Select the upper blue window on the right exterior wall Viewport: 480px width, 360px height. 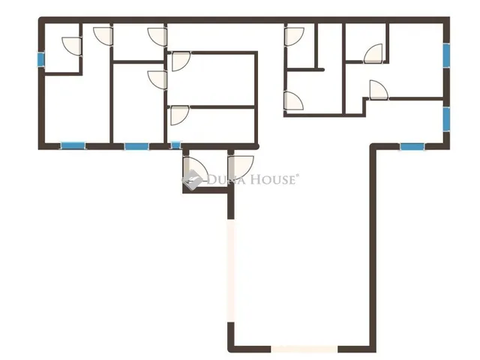[447, 55]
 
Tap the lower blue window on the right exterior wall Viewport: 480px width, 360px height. [447, 119]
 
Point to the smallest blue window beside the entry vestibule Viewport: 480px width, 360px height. [175, 145]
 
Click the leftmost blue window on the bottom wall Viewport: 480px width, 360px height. [73, 145]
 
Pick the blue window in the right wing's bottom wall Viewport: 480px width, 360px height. [412, 147]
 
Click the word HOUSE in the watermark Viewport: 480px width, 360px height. [273, 179]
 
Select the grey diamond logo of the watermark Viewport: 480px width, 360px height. [192, 180]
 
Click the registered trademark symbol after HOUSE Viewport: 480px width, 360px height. [297, 175]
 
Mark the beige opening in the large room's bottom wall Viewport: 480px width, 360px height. [304, 349]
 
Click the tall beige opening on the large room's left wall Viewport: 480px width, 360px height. [231, 270]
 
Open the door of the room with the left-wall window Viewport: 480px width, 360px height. [72, 46]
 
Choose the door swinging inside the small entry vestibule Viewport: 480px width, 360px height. [195, 169]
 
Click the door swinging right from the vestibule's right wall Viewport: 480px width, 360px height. [241, 167]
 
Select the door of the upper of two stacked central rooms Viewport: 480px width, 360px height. [181, 61]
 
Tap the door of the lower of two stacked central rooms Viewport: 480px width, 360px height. [179, 115]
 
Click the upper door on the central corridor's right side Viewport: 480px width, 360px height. [295, 37]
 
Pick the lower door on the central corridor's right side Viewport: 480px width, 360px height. [294, 100]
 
